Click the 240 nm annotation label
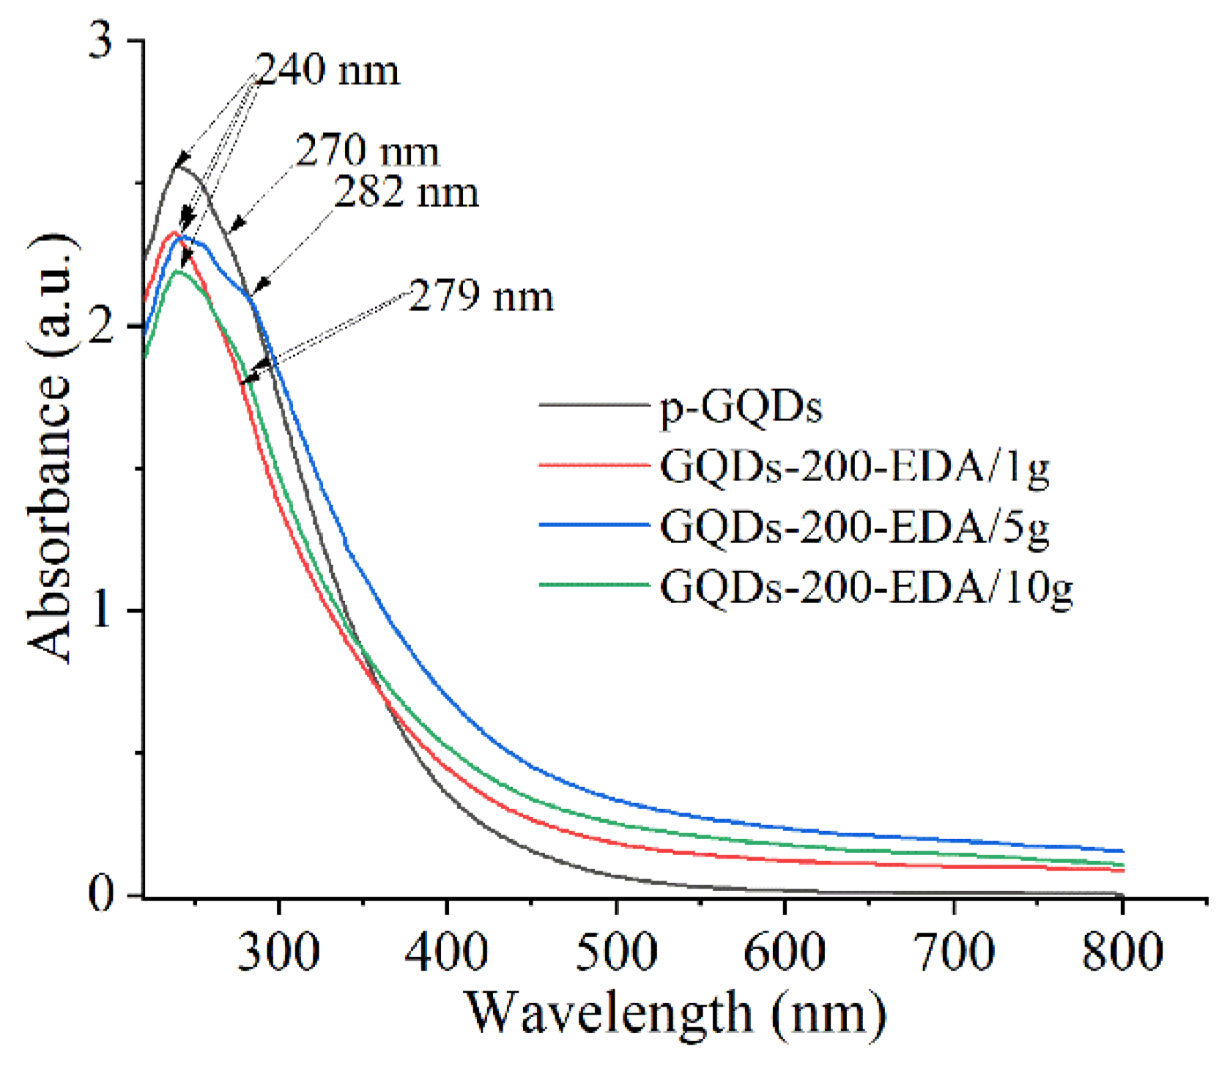point(327,71)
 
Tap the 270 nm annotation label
point(367,152)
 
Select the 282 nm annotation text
point(407,192)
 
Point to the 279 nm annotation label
point(481,297)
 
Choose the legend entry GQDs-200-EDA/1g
point(854,466)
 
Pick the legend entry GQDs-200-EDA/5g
point(854,526)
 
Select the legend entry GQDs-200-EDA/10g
point(866,586)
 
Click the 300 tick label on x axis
point(278,952)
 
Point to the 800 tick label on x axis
point(1122,952)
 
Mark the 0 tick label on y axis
point(102,895)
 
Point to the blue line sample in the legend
point(594,525)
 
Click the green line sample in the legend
point(594,585)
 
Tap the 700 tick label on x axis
point(954,952)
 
